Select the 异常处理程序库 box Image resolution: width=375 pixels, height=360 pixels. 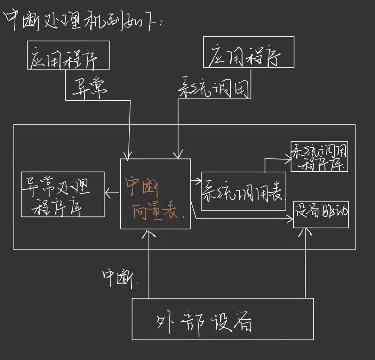coord(63,195)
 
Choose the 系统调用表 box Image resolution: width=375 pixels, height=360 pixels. coord(244,191)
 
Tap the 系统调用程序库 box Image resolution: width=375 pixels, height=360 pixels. coord(319,156)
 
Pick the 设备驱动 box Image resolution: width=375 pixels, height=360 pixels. coord(321,214)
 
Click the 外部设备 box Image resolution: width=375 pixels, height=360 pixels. coord(223,319)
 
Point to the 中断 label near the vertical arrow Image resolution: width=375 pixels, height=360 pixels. coord(118,278)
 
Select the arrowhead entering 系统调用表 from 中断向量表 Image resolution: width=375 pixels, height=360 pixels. coord(199,180)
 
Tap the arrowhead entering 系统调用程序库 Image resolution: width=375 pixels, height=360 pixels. coord(289,159)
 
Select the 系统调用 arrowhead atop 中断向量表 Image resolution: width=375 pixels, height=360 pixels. coord(178,155)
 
